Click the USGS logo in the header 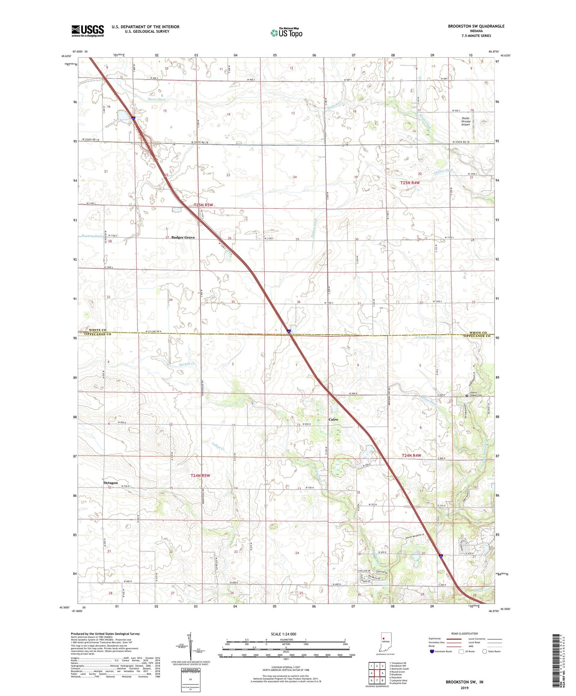coord(88,31)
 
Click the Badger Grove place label coord(183,238)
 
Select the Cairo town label coord(333,420)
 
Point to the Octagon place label coord(111,483)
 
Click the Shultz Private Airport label coord(465,121)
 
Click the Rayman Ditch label coord(91,236)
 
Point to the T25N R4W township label coord(410,183)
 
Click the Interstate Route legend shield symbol coord(432,651)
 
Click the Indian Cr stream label coord(218,446)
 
